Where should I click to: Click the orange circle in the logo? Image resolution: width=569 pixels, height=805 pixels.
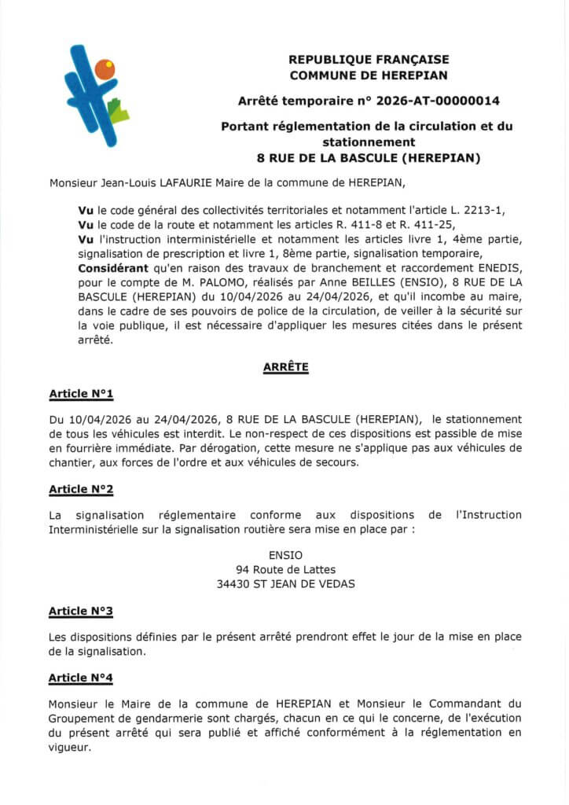105,69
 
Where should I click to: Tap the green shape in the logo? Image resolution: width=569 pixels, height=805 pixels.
119,112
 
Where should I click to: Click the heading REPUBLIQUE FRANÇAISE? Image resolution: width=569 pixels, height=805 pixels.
369,59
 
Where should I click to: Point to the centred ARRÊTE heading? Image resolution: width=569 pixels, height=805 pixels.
286,366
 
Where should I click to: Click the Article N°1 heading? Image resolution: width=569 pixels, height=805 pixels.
81,393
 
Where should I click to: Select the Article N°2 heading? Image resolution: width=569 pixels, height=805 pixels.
81,489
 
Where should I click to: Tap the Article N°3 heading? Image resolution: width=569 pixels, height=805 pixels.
81,611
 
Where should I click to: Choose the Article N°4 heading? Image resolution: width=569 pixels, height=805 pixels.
81,678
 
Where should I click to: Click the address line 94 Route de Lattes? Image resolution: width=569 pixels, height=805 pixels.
285,569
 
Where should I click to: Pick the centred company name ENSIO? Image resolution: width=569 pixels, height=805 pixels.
285,554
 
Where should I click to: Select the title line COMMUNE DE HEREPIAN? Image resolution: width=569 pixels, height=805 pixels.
369,75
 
